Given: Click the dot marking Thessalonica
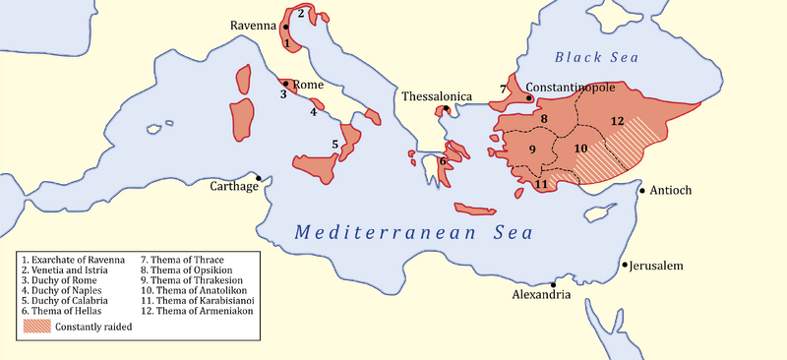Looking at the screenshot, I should (446, 108).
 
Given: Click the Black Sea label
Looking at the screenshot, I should (598, 57).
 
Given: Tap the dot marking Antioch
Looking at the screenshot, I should (642, 190).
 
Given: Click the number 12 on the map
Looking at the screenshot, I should (617, 120).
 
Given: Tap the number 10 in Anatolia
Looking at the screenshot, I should (581, 148).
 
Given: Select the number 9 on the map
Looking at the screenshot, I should (532, 150).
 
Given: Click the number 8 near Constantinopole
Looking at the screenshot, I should (544, 119).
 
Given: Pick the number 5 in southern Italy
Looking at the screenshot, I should (335, 145).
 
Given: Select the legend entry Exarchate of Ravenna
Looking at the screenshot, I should (74, 260).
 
